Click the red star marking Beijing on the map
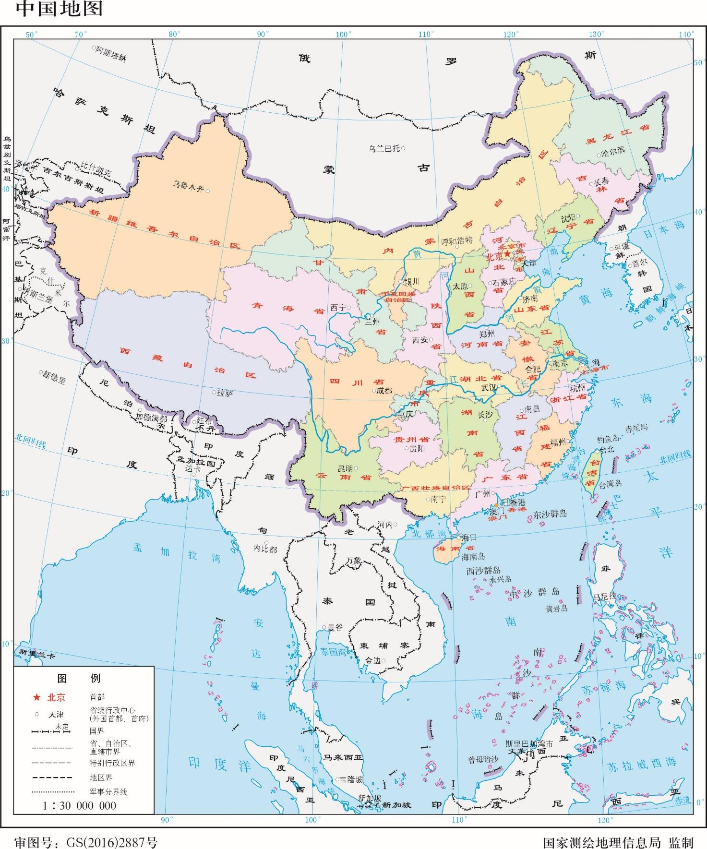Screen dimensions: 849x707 click(x=508, y=254)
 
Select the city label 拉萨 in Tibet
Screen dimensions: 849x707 click(x=225, y=393)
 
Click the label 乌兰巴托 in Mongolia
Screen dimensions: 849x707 click(x=384, y=148)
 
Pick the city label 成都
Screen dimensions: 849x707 click(x=384, y=391)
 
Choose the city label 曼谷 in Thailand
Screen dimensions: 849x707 click(x=335, y=627)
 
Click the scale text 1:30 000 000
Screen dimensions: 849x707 click(x=79, y=805)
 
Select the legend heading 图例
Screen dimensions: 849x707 click(x=79, y=678)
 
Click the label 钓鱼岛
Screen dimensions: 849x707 click(x=607, y=439)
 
